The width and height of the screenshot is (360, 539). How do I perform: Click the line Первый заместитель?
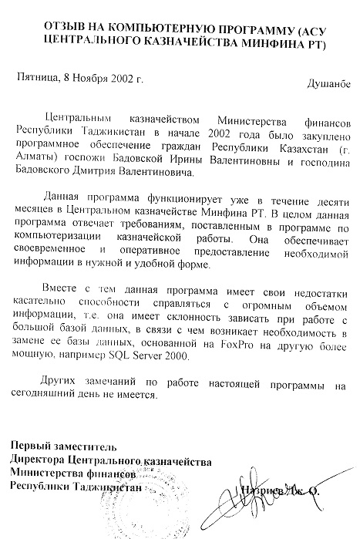coord(62,446)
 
